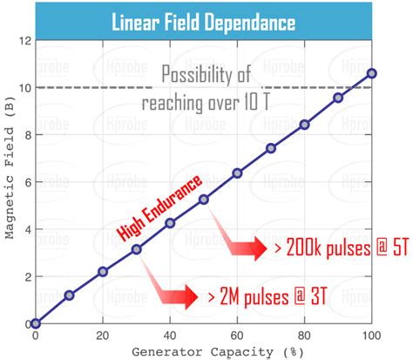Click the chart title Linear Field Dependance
206,21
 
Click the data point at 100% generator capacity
372,73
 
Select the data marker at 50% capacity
204,200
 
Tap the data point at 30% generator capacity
137,249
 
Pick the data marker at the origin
35,323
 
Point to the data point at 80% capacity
304,125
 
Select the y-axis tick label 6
25,182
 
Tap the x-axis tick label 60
237,336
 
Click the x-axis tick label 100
372,336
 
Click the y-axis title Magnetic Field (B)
9,183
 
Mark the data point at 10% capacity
69,295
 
